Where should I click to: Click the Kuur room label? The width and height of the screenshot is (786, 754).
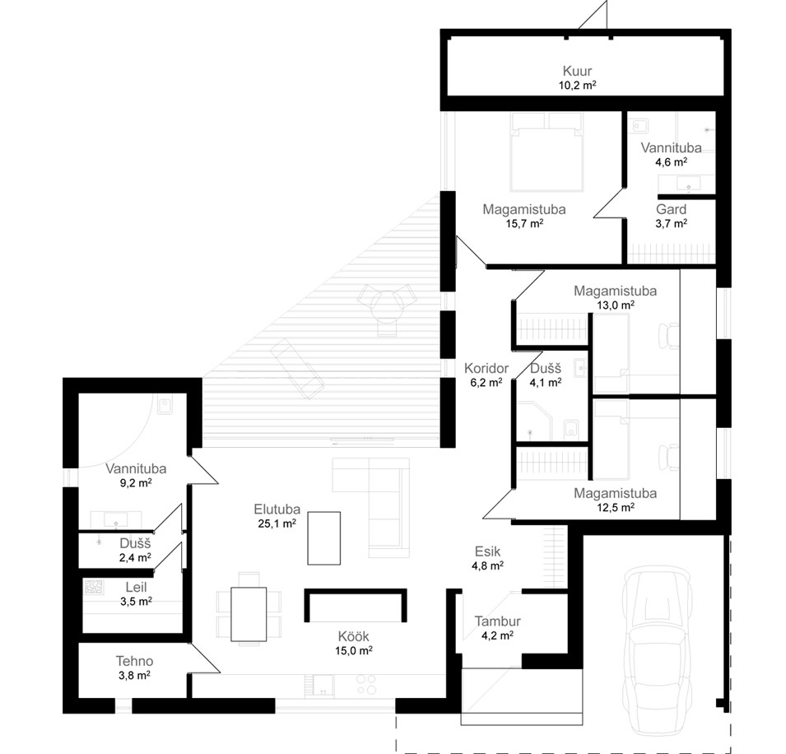point(577,71)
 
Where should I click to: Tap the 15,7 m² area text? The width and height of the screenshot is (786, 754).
point(524,224)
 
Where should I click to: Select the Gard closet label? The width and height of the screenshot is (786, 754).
point(672,210)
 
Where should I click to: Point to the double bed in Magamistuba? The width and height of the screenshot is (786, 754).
point(546,152)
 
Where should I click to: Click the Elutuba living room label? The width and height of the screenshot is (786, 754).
point(277,510)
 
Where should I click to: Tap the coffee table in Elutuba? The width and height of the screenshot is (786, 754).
point(323,538)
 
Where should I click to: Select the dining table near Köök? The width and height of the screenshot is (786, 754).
point(249,614)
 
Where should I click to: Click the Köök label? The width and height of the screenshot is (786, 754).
point(353,636)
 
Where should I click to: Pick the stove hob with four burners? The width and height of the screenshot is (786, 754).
point(366,685)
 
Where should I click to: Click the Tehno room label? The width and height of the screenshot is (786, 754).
point(134,661)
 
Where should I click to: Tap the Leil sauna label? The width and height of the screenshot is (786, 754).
point(136,587)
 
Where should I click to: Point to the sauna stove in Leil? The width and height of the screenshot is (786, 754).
point(94,587)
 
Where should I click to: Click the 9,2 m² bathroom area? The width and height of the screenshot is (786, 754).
point(136,483)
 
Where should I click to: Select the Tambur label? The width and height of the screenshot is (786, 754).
point(497,621)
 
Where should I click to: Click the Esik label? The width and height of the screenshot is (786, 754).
point(488,552)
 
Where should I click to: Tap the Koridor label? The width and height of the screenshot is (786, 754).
point(486,369)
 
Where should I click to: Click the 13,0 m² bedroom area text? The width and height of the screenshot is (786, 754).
point(616,305)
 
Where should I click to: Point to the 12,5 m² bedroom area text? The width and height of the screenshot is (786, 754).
point(616,507)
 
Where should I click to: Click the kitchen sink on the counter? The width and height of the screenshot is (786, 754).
point(323,686)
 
